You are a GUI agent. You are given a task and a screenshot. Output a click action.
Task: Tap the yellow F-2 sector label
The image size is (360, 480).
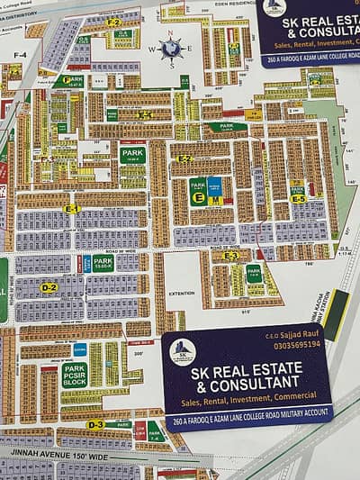[113, 21]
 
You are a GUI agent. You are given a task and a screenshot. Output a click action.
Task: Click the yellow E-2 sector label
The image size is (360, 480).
[184, 158]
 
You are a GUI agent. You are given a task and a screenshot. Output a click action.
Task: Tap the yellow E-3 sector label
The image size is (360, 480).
[230, 256]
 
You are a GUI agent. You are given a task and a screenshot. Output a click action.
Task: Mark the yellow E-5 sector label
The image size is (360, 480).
[298, 199]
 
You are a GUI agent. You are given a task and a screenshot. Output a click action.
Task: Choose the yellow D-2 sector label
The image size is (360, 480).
[49, 287]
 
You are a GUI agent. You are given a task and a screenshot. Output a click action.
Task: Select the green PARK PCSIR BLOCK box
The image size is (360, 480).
[75, 375]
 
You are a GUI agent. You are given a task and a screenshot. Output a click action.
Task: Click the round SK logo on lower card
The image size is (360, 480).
[183, 351]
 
